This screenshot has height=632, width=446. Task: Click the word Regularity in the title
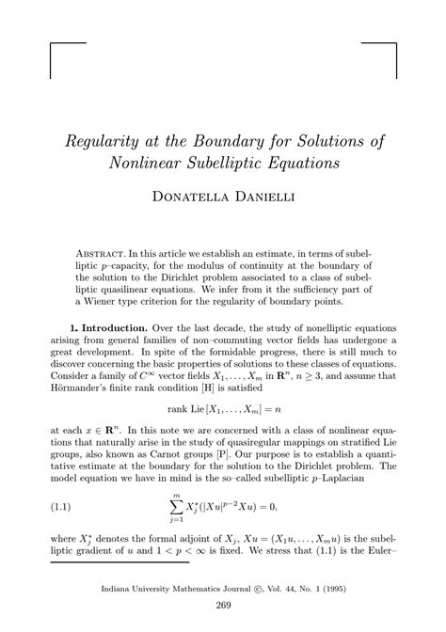tap(101, 142)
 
